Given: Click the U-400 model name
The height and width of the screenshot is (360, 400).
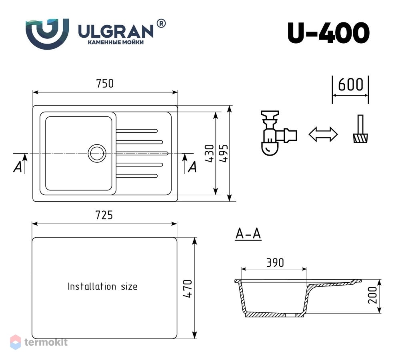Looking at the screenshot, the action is [x=328, y=33].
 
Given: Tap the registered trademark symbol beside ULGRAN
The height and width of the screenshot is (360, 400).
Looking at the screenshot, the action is [x=161, y=24].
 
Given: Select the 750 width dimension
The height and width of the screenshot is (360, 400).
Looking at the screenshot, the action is [x=105, y=84].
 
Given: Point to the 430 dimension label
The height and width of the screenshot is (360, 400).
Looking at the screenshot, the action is [x=210, y=153].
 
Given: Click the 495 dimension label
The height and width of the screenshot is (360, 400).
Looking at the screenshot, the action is [x=224, y=153].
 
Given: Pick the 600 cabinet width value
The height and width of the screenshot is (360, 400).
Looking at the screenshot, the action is [x=350, y=85].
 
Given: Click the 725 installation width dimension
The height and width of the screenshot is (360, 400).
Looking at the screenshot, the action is [x=104, y=215].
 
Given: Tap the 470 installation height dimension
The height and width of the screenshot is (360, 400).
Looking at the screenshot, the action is [x=188, y=288].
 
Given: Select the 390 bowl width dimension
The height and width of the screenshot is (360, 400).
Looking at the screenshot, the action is [x=275, y=263].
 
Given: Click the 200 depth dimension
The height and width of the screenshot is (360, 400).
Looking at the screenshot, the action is [x=372, y=295].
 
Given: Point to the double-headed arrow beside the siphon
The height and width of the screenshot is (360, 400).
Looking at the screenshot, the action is [x=323, y=134].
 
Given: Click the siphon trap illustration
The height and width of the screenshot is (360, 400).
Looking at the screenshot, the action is [x=278, y=133].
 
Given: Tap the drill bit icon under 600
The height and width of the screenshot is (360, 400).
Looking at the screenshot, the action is [x=360, y=129].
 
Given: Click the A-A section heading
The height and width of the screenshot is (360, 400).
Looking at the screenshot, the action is [x=248, y=234].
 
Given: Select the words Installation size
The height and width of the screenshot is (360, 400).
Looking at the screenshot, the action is [x=102, y=286].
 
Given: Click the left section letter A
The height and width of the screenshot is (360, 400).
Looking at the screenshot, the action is [x=18, y=167].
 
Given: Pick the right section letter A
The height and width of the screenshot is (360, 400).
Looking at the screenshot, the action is [x=192, y=167].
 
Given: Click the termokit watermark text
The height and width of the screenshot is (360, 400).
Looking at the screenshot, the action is [x=46, y=342].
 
